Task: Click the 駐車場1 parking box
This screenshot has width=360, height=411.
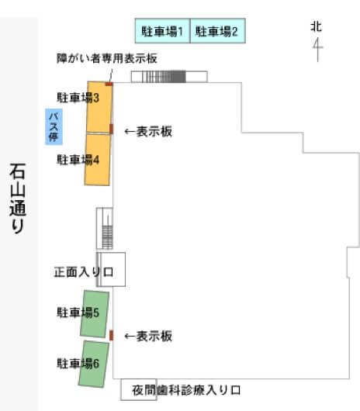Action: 163,31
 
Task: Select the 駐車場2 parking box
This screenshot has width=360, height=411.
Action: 218,31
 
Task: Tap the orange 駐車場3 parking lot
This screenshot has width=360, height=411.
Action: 99,107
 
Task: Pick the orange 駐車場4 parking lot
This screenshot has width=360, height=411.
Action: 97,160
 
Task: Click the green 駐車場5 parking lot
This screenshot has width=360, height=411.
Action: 95,314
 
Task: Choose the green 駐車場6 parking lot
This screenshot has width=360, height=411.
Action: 94,364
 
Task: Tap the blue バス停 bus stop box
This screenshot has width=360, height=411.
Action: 54,126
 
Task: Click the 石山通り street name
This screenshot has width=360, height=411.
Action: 18,198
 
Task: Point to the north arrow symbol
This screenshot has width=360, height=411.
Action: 318,50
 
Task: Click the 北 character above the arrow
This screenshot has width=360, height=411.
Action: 317,26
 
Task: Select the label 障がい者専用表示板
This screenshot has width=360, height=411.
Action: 107,58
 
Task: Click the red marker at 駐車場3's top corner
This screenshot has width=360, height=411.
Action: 109,84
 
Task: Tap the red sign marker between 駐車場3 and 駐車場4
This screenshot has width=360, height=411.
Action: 111,129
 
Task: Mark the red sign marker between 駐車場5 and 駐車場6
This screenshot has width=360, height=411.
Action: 111,335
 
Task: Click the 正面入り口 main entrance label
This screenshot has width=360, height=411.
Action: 84,272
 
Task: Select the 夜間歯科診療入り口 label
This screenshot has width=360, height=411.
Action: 186,390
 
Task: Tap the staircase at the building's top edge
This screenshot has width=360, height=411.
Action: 169,77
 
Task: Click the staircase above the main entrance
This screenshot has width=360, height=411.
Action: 105,228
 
